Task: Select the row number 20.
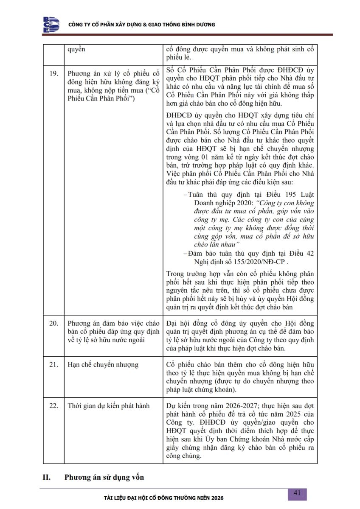click(53, 323)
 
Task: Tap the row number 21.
click(53, 364)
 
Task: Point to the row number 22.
click(53, 406)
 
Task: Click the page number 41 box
click(297, 493)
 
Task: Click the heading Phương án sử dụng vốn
click(104, 477)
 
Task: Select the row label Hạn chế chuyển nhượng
click(103, 364)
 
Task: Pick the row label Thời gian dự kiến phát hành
click(109, 406)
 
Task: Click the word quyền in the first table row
click(76, 49)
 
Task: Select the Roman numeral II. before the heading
click(47, 477)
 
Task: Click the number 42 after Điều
click(310, 254)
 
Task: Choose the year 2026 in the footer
click(216, 497)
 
